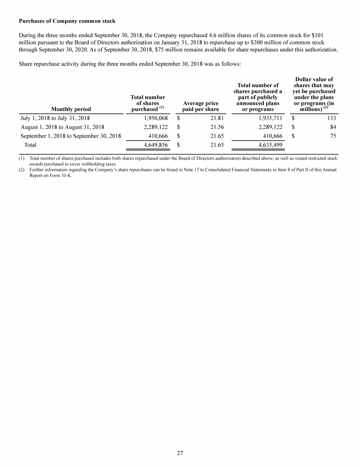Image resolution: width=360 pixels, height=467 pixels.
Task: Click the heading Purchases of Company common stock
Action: click(67, 21)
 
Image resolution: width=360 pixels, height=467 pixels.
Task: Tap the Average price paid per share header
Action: click(201, 106)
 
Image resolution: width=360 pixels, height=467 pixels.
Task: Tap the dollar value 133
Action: click(331, 118)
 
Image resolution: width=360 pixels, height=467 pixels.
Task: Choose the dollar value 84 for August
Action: click(332, 127)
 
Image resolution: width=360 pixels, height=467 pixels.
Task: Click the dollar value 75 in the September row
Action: click(332, 136)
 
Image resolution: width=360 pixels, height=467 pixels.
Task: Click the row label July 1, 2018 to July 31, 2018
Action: click(55, 118)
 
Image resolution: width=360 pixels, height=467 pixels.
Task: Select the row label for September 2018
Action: click(71, 136)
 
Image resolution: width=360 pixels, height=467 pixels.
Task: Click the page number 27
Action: click(180, 453)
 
